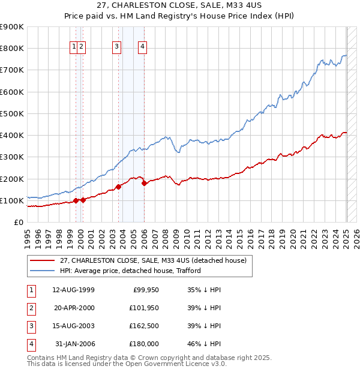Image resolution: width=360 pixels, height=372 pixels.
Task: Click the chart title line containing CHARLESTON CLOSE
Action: [179, 6]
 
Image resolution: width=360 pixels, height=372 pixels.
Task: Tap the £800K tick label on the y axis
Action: [12, 49]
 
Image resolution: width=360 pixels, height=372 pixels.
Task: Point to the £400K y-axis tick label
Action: [12, 136]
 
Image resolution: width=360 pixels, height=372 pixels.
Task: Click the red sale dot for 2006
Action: [145, 183]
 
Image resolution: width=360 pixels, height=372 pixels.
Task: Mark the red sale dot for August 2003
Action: [119, 187]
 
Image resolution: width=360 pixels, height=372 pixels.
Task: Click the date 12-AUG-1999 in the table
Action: [73, 290]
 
